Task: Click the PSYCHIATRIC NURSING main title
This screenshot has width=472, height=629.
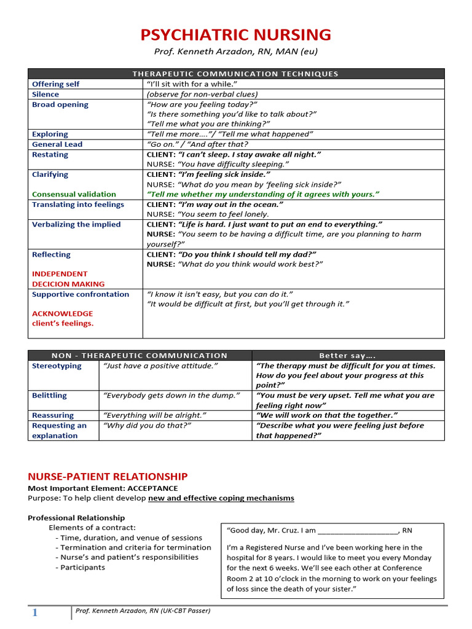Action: (x=236, y=34)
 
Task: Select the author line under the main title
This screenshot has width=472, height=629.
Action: (x=236, y=52)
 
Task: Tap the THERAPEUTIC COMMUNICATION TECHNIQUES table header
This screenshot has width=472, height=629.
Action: (x=236, y=74)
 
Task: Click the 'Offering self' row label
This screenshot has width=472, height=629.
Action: (x=56, y=84)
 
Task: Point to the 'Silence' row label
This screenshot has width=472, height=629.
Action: (x=45, y=95)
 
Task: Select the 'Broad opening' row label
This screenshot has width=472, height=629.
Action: (x=60, y=104)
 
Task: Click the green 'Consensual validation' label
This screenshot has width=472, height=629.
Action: (x=74, y=194)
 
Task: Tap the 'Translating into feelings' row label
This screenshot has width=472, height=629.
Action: (x=78, y=205)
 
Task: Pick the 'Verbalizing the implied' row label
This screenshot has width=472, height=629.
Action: (x=76, y=224)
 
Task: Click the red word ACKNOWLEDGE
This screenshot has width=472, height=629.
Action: (x=63, y=313)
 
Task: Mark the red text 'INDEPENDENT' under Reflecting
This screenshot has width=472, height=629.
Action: (x=60, y=274)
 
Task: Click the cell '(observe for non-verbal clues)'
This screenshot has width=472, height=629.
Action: (x=202, y=95)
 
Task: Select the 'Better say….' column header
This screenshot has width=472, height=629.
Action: (x=347, y=355)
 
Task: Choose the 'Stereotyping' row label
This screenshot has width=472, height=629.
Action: (x=57, y=365)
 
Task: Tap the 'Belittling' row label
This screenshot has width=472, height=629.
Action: (x=50, y=396)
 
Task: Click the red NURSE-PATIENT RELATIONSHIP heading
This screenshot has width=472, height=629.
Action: (x=108, y=477)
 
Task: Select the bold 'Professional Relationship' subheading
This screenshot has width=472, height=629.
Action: (x=76, y=518)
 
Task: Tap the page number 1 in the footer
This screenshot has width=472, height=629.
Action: (x=35, y=612)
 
